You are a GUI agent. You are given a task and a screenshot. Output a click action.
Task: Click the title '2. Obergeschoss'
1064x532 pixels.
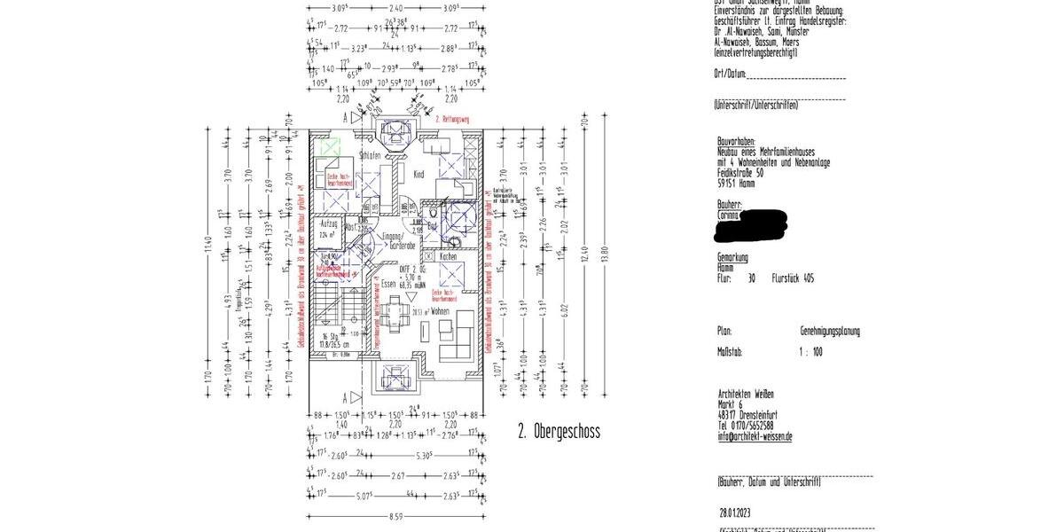(x=559, y=433)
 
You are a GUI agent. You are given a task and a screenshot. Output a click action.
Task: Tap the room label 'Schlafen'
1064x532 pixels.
(x=370, y=156)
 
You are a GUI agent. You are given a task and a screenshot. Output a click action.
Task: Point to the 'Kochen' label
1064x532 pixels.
(x=448, y=256)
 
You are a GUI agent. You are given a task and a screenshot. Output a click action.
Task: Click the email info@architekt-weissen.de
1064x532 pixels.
(x=755, y=436)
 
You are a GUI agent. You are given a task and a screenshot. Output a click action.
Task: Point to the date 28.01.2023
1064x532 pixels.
(x=736, y=512)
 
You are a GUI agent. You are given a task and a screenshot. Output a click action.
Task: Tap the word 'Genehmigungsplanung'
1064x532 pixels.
(x=830, y=331)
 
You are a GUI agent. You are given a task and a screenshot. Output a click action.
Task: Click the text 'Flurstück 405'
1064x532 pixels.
(x=793, y=278)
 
